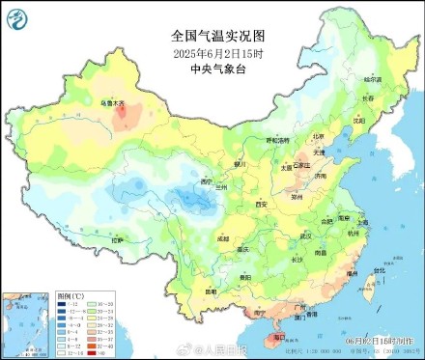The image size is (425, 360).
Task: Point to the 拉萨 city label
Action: pyautogui.click(x=117, y=240)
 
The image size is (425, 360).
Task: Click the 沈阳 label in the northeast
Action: pyautogui.click(x=359, y=122)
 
